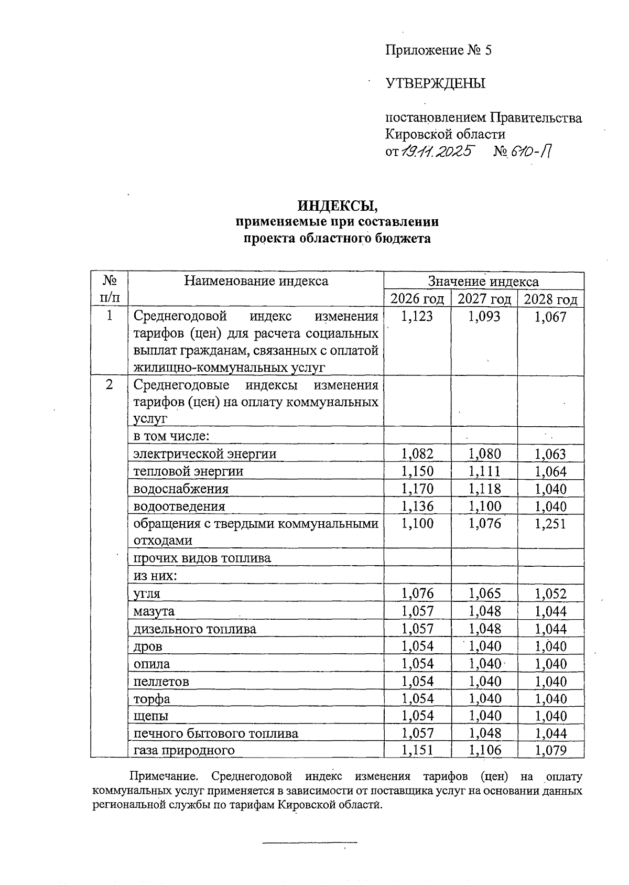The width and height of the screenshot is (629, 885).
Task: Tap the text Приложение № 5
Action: click(439, 50)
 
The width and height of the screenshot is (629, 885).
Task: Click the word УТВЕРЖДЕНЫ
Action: click(436, 83)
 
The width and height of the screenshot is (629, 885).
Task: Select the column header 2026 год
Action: click(417, 299)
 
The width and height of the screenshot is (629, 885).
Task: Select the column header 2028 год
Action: click(550, 299)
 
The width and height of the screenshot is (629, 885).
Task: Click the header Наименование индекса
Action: click(256, 281)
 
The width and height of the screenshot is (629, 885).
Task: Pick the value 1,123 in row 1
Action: click(417, 316)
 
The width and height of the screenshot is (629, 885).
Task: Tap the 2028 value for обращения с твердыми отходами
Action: click(550, 524)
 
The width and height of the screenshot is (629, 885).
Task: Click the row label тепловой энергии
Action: click(189, 471)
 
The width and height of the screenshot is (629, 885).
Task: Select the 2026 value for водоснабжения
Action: click(417, 489)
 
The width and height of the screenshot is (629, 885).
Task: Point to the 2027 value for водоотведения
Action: click(484, 506)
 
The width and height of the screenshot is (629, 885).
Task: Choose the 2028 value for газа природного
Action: click(550, 750)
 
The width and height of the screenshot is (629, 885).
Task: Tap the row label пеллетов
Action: click(161, 682)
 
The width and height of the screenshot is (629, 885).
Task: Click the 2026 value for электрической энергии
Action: click(417, 454)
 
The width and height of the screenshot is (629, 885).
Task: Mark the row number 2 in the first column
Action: click(109, 385)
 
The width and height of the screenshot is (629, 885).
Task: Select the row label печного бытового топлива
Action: click(216, 733)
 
